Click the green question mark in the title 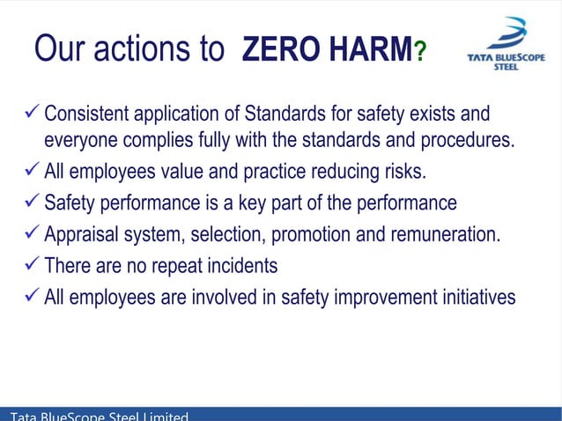[x=420, y=53]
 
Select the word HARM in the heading [x=371, y=50]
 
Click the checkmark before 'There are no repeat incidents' [x=33, y=264]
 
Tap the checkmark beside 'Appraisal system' [x=33, y=234]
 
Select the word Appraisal [x=84, y=235]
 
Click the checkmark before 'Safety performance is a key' [x=33, y=203]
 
